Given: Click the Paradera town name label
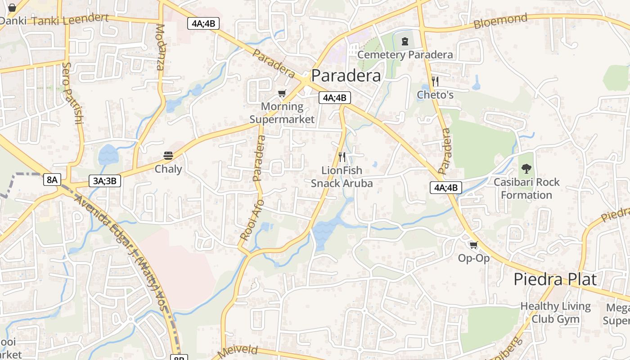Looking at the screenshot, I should (346, 75).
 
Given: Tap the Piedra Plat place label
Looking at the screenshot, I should (555, 279).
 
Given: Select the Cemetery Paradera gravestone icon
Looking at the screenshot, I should (405, 42).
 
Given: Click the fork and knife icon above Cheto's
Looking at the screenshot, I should (435, 81).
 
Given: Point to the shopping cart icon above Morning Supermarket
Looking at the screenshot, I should (282, 94).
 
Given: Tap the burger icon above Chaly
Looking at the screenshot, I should (168, 156).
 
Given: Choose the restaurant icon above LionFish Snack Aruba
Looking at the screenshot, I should (342, 157).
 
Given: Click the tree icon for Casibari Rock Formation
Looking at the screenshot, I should (526, 169).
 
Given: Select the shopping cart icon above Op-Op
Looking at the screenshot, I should (473, 245).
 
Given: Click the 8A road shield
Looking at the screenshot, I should (52, 180).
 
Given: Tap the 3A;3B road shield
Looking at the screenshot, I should (105, 181).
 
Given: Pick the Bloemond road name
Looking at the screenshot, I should (500, 21).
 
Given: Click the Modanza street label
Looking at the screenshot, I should (160, 47).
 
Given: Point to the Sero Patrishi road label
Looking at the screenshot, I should (72, 93).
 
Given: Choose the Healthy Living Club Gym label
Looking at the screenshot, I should (555, 312).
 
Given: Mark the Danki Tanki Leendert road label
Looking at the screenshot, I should (54, 20).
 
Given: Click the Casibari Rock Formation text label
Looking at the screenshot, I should (526, 189).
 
